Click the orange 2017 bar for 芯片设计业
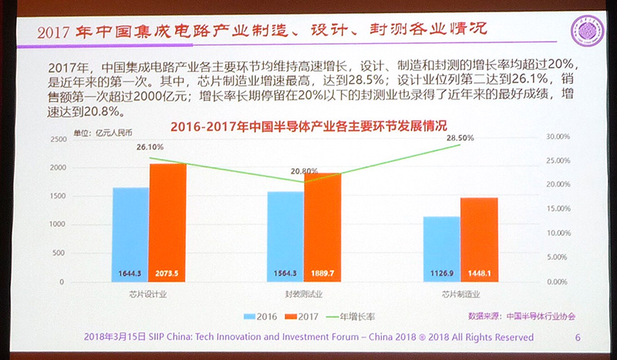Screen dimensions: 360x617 tap(167, 223)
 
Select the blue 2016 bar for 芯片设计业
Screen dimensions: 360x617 tap(130, 234)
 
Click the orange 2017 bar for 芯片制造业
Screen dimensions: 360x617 tap(479, 240)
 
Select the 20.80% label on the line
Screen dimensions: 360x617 tap(305, 171)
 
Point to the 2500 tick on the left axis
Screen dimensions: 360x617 tap(78, 139)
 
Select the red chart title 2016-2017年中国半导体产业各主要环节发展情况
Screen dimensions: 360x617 tap(308, 126)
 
